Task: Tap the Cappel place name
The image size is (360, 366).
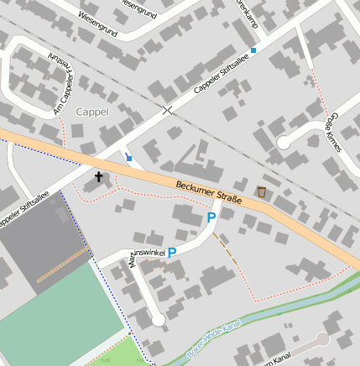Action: tap(92, 111)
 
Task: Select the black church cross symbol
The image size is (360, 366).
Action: tap(99, 177)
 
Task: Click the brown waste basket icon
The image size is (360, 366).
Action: tap(262, 192)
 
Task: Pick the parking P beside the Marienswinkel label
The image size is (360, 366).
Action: tap(172, 252)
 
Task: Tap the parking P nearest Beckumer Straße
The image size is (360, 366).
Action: tap(211, 218)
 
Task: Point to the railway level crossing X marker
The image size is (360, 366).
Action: tap(168, 110)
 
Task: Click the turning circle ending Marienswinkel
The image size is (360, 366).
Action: tap(159, 320)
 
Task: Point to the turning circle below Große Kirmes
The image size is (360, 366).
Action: tap(284, 142)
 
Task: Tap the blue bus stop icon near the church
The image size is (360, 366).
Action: tap(129, 157)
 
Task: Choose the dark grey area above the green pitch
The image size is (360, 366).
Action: tap(42, 243)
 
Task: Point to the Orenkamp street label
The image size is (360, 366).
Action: tap(244, 15)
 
